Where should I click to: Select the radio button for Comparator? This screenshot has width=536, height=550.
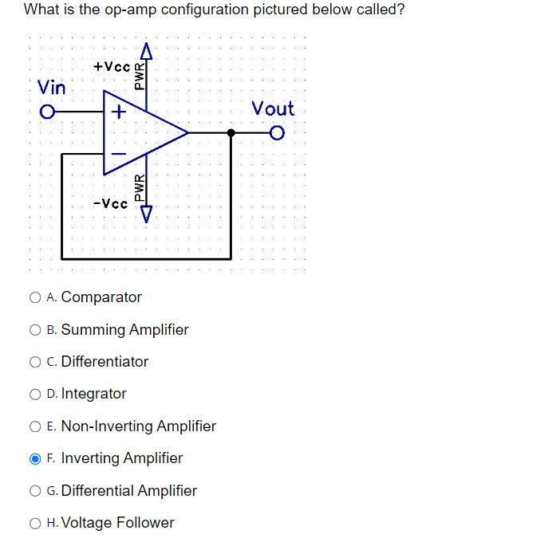(x=35, y=298)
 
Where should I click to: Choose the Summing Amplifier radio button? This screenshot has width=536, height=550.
(x=35, y=330)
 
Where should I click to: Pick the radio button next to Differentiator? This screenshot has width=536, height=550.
(x=35, y=362)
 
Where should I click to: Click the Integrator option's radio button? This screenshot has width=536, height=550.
(x=35, y=395)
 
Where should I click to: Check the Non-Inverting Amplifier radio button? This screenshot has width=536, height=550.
(x=35, y=426)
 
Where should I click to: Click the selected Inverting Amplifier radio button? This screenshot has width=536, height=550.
(x=35, y=459)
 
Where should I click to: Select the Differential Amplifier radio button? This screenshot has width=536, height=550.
(x=35, y=491)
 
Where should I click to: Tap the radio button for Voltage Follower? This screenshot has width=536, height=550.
(x=35, y=524)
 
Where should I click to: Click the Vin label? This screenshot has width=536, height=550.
(x=52, y=86)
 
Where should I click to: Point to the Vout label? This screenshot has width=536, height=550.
(x=273, y=108)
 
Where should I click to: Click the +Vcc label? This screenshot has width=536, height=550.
(x=112, y=67)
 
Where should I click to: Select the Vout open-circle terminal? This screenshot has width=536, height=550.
(x=277, y=132)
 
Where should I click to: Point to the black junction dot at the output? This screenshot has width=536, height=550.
(x=231, y=132)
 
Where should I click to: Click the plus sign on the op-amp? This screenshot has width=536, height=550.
(x=118, y=112)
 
